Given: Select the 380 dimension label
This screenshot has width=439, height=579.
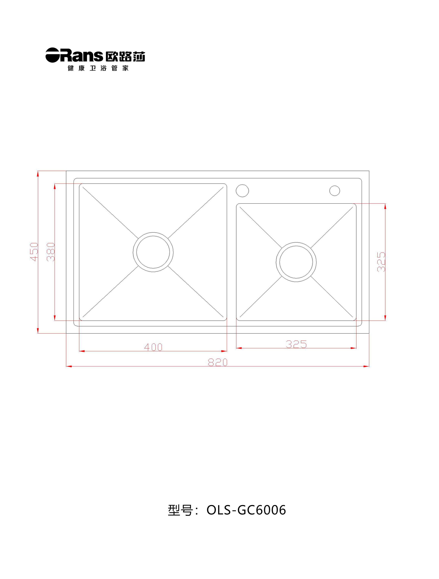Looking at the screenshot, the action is (x=51, y=252).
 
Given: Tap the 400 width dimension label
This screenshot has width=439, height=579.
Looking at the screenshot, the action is (x=153, y=347).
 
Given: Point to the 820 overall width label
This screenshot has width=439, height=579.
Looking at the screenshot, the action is (x=218, y=362).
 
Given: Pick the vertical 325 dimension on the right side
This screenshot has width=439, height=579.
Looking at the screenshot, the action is (x=381, y=262).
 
